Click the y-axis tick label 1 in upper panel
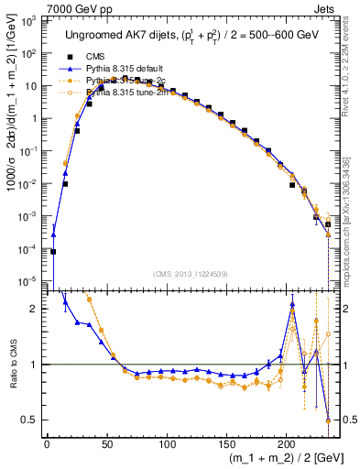36,118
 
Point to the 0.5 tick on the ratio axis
32,420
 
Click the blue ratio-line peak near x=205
292,304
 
